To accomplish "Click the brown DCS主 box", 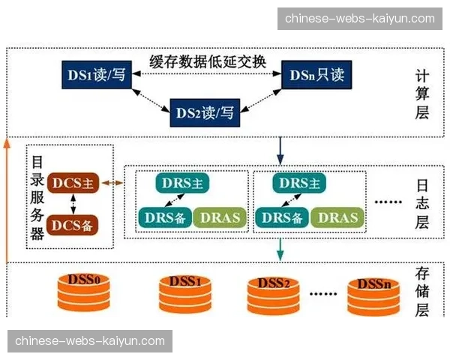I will tap(74, 182).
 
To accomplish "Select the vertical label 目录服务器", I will tap(36, 197).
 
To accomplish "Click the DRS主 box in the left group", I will tap(183, 183).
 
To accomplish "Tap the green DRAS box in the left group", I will tap(220, 217).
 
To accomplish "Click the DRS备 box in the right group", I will tap(282, 217).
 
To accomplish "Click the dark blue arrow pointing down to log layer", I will tap(280, 149).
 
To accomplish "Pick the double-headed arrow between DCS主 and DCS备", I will tap(73, 202).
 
